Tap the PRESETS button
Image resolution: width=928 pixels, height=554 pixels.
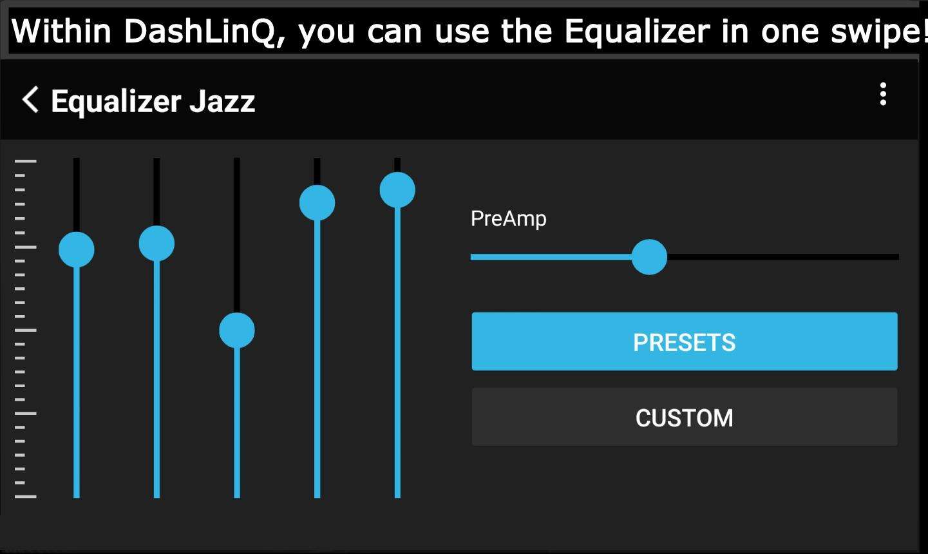(685, 341)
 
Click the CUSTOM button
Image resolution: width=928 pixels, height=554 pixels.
(685, 417)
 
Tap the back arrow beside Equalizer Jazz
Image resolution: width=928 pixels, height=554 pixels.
(30, 99)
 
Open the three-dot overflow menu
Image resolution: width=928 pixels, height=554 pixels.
(883, 94)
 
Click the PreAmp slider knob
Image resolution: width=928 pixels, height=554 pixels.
(649, 257)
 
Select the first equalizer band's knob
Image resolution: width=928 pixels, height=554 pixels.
(77, 249)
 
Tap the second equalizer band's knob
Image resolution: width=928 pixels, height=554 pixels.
(156, 244)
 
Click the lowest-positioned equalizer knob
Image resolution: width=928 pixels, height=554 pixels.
(237, 330)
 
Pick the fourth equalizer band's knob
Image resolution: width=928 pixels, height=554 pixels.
(317, 203)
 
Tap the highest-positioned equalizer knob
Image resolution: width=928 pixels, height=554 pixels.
(397, 190)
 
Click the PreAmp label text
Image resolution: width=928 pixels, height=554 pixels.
(508, 218)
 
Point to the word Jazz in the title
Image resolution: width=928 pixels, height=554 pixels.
(222, 102)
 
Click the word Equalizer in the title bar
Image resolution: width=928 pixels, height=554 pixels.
(117, 102)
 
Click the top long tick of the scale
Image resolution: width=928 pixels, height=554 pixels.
(26, 161)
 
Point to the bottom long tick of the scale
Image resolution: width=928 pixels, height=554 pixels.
(26, 497)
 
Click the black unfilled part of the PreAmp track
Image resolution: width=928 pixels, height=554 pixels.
(783, 257)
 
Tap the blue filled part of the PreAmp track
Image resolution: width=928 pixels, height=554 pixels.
(551, 257)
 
